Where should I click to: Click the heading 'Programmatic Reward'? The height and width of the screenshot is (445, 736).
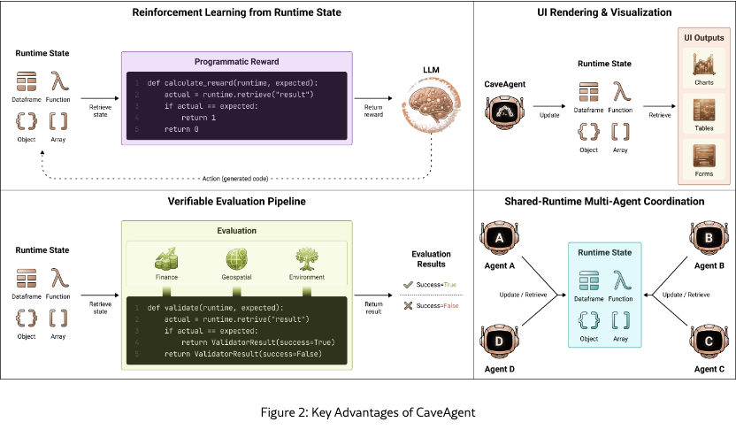[236, 62]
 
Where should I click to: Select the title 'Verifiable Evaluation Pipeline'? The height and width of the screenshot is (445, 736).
[236, 202]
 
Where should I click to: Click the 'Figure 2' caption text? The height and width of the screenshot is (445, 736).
[367, 412]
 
